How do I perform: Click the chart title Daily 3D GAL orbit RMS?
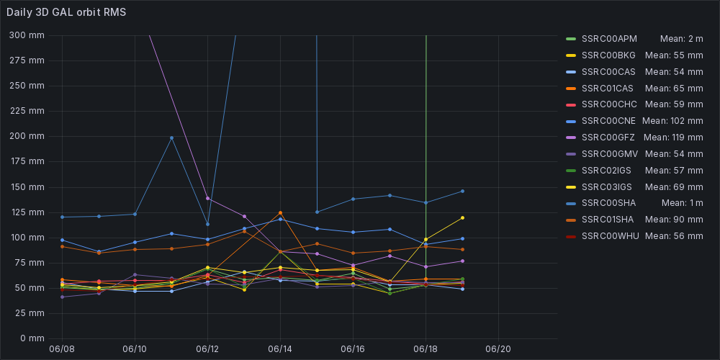(x=68, y=12)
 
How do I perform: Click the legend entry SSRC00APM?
(x=609, y=38)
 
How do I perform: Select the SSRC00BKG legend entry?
(x=609, y=55)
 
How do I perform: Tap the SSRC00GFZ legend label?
(x=608, y=137)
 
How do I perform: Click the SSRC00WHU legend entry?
(x=610, y=236)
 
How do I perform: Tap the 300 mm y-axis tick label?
(x=27, y=35)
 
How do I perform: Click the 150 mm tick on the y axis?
(x=27, y=186)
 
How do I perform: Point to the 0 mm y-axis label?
(x=32, y=338)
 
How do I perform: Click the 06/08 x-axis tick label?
(x=62, y=348)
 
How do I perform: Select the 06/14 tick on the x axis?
(x=280, y=348)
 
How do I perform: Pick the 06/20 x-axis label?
(x=498, y=348)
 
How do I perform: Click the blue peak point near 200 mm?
(x=171, y=138)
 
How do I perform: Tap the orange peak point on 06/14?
(x=280, y=212)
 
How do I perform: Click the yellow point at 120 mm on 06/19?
(x=462, y=217)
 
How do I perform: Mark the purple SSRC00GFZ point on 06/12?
(x=207, y=198)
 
